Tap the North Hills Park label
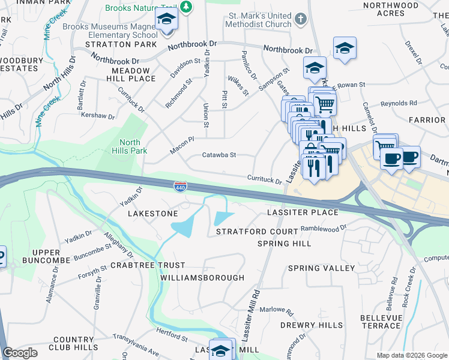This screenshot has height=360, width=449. (x=130, y=146)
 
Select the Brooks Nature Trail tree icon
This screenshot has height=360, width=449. (x=187, y=7)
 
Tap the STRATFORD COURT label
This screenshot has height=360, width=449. (x=257, y=232)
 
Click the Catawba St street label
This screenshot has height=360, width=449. (x=219, y=155)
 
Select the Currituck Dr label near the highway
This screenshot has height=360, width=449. (x=265, y=179)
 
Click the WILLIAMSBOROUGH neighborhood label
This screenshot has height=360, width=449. (x=202, y=278)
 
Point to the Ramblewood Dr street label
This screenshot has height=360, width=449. (x=324, y=228)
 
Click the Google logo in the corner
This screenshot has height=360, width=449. (x=20, y=353)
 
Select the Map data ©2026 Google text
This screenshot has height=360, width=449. (x=412, y=355)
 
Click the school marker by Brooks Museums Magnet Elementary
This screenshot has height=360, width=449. (x=166, y=19)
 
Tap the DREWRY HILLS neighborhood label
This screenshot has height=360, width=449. (x=312, y=325)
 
